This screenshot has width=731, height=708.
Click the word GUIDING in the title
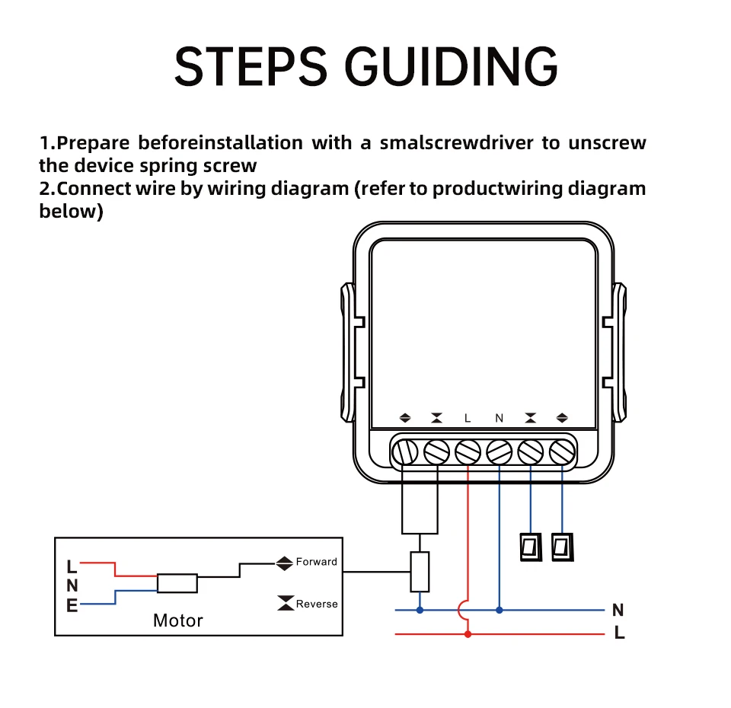click(453, 67)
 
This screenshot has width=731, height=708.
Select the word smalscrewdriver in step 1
click(457, 142)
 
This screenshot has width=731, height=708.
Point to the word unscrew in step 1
click(607, 142)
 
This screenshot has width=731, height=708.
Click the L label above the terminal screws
click(468, 418)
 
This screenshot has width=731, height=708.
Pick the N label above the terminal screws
click(500, 418)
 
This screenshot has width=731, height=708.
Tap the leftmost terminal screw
click(404, 453)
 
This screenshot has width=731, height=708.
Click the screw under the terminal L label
click(468, 453)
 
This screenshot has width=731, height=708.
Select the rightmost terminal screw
click(562, 453)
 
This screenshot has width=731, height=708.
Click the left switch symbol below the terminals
click(530, 547)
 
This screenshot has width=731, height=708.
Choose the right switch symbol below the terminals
click(562, 547)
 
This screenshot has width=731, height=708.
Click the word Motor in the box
click(178, 620)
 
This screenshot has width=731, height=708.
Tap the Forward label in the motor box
click(316, 563)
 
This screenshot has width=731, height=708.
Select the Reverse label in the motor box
click(316, 604)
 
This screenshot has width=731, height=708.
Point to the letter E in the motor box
click(72, 607)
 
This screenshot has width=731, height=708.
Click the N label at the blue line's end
click(618, 611)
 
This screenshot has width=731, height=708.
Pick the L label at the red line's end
click(619, 633)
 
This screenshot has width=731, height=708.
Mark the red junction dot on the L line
click(468, 633)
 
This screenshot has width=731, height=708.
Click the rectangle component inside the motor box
click(177, 583)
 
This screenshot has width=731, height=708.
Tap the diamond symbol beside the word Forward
click(285, 563)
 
